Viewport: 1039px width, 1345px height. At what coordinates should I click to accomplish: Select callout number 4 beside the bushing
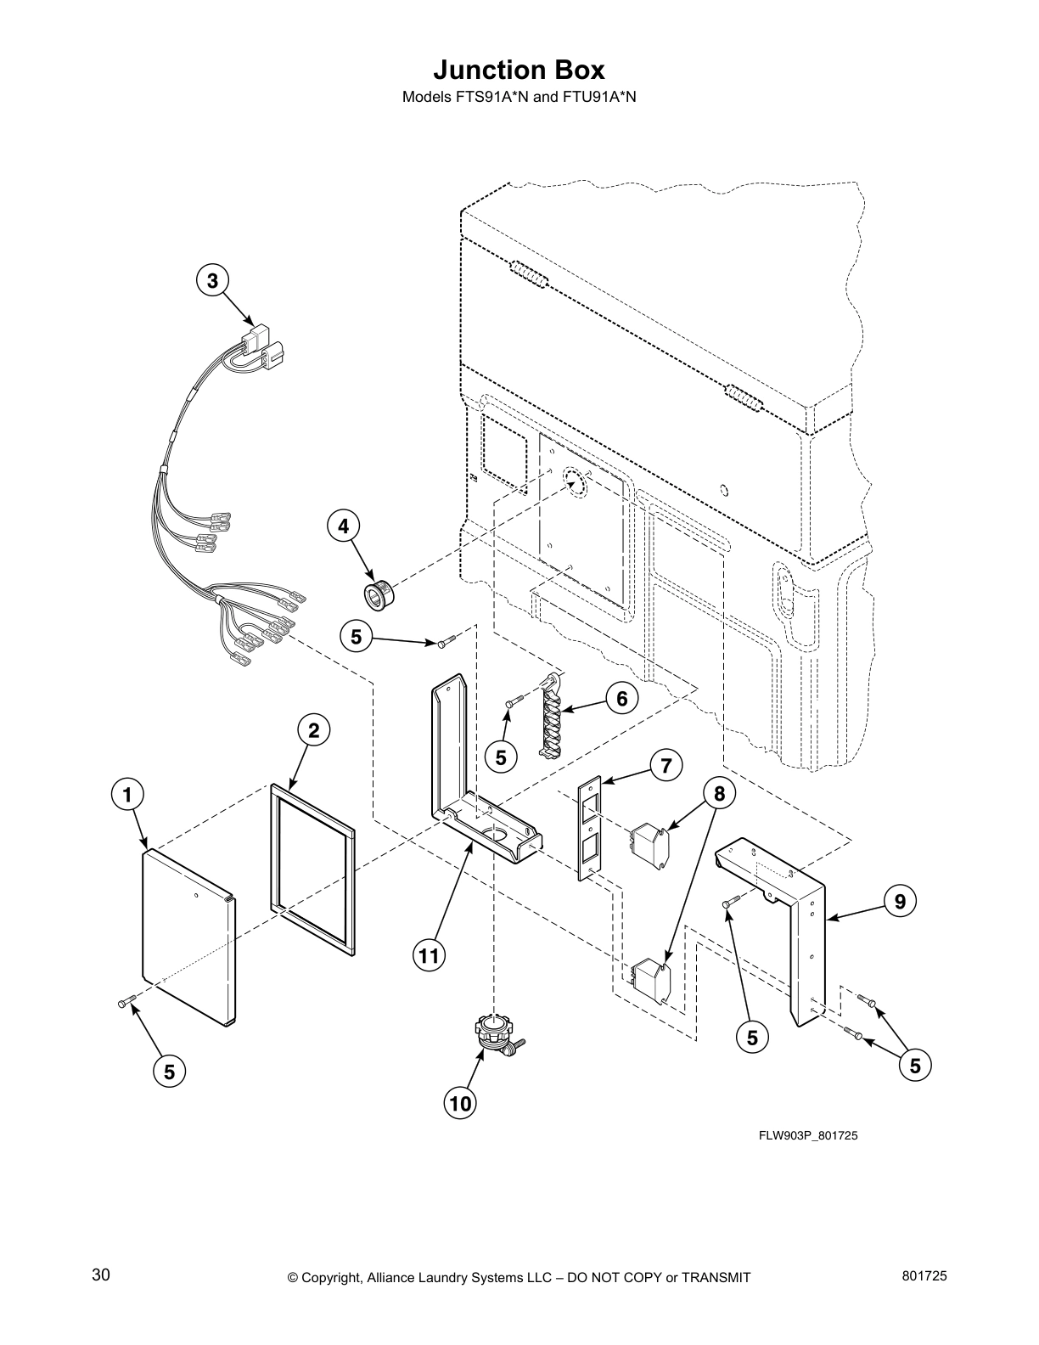343,526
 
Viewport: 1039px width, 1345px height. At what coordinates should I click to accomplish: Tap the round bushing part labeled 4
376,591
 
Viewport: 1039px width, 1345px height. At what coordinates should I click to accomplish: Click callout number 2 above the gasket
313,729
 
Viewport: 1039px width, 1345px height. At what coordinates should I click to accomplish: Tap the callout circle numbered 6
622,699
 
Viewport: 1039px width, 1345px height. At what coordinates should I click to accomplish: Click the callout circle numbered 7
666,766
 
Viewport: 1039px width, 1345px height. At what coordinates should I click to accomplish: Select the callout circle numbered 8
719,794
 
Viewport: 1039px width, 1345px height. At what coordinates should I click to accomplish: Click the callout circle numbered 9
900,902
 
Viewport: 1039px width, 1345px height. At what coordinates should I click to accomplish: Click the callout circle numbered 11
430,956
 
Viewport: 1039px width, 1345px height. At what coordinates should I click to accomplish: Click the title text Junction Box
519,69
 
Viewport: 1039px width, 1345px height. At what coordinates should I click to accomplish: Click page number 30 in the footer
100,1275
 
